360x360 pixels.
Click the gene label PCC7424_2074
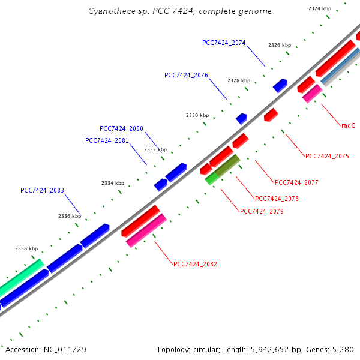click(224, 43)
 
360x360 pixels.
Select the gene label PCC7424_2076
click(186, 75)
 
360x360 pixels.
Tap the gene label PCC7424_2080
click(121, 128)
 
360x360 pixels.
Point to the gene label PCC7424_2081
click(107, 140)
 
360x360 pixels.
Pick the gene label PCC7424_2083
click(42, 190)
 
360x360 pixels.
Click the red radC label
click(349, 125)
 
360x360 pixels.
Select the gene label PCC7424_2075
click(327, 156)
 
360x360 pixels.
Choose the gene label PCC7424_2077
click(296, 182)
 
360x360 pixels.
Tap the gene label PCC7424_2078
click(277, 199)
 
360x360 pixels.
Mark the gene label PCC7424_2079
click(262, 211)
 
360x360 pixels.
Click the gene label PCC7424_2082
click(195, 264)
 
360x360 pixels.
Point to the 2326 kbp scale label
click(279, 45)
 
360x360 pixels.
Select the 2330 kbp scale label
click(197, 115)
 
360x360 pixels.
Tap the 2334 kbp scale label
click(112, 183)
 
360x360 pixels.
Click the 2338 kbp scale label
click(26, 248)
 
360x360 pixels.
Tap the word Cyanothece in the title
click(109, 11)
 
